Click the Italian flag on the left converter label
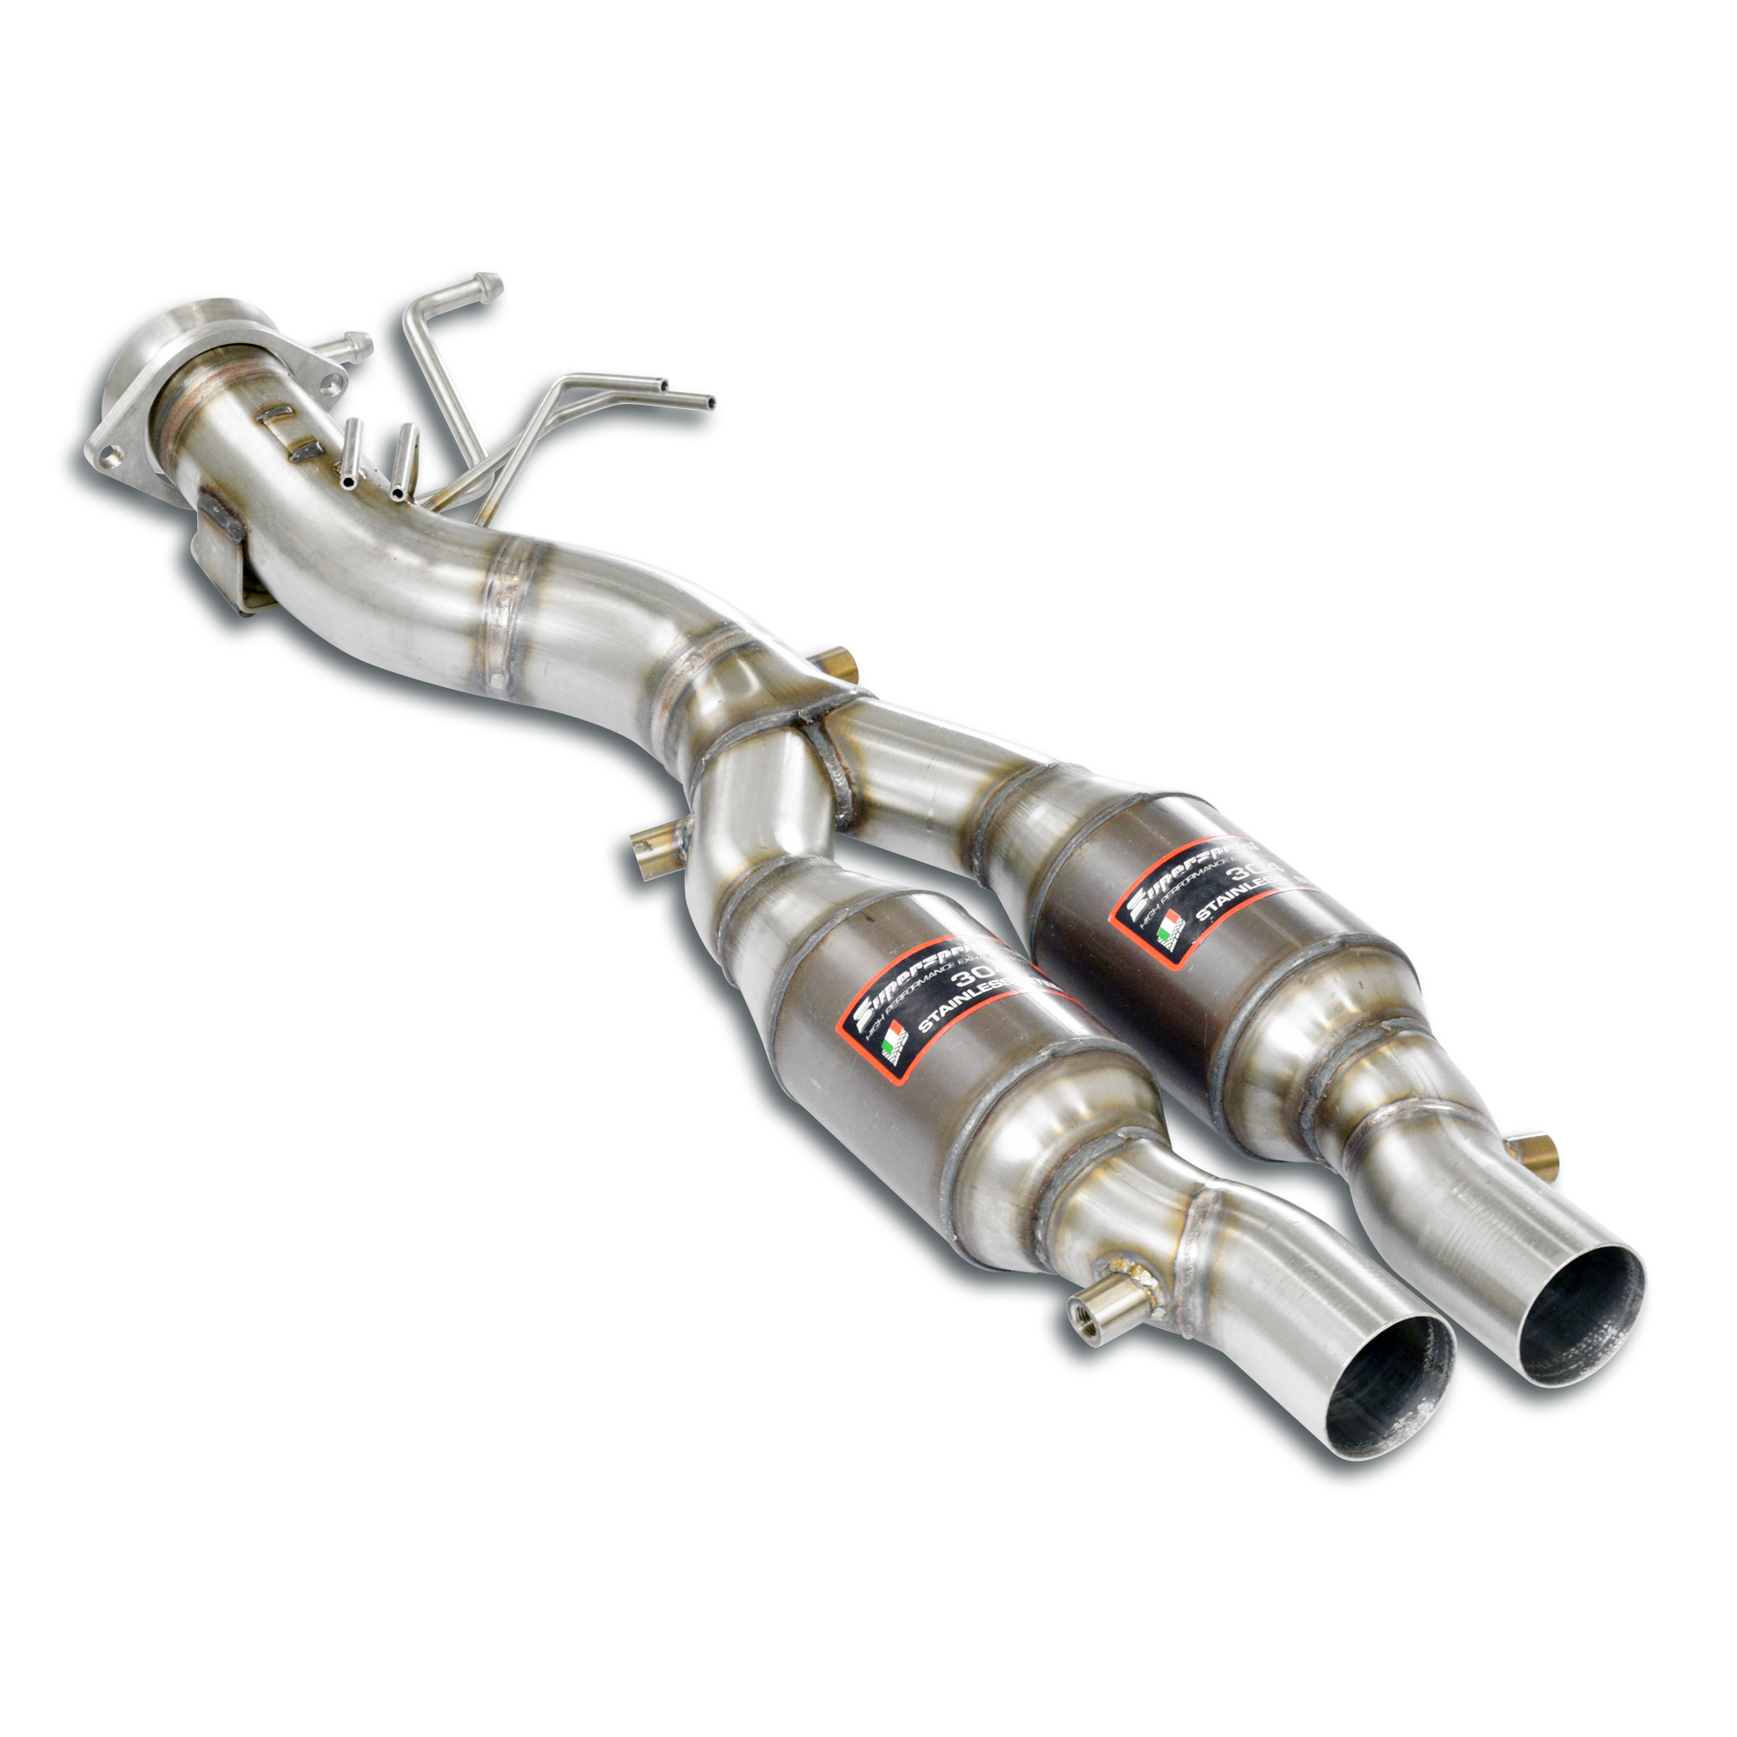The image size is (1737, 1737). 889,1048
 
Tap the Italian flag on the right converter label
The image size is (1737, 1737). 1168,925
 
